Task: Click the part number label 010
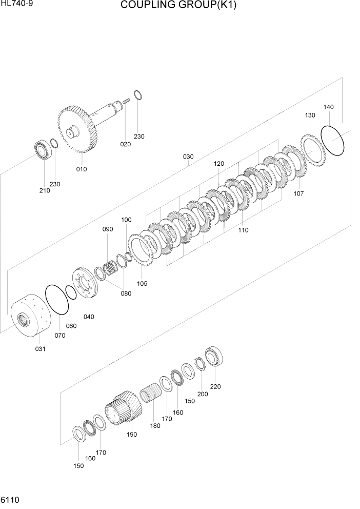[82, 169]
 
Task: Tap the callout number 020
[126, 144]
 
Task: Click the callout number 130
[310, 115]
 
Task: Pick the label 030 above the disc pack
[188, 156]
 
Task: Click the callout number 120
[219, 163]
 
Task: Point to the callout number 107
[298, 193]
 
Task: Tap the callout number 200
[203, 394]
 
